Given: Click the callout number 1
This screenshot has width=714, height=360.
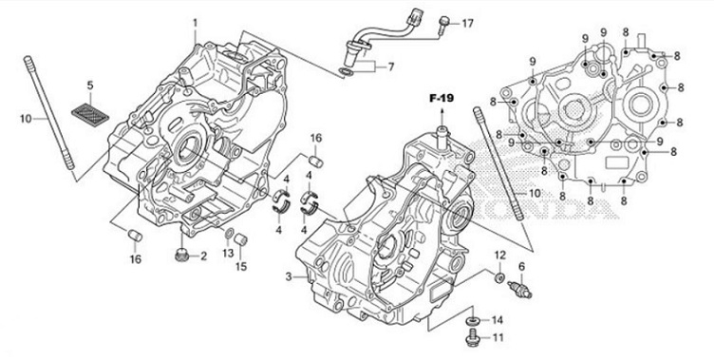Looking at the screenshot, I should (196, 22).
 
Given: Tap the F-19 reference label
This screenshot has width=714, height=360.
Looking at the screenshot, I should (442, 98).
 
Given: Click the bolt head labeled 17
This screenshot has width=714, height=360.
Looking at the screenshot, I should (443, 23).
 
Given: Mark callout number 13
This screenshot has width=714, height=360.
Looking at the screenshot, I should (227, 254).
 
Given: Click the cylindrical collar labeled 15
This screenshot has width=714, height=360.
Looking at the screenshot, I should (242, 237).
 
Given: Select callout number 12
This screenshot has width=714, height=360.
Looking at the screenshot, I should (498, 256).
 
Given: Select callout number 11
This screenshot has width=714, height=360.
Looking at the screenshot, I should (497, 337).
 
